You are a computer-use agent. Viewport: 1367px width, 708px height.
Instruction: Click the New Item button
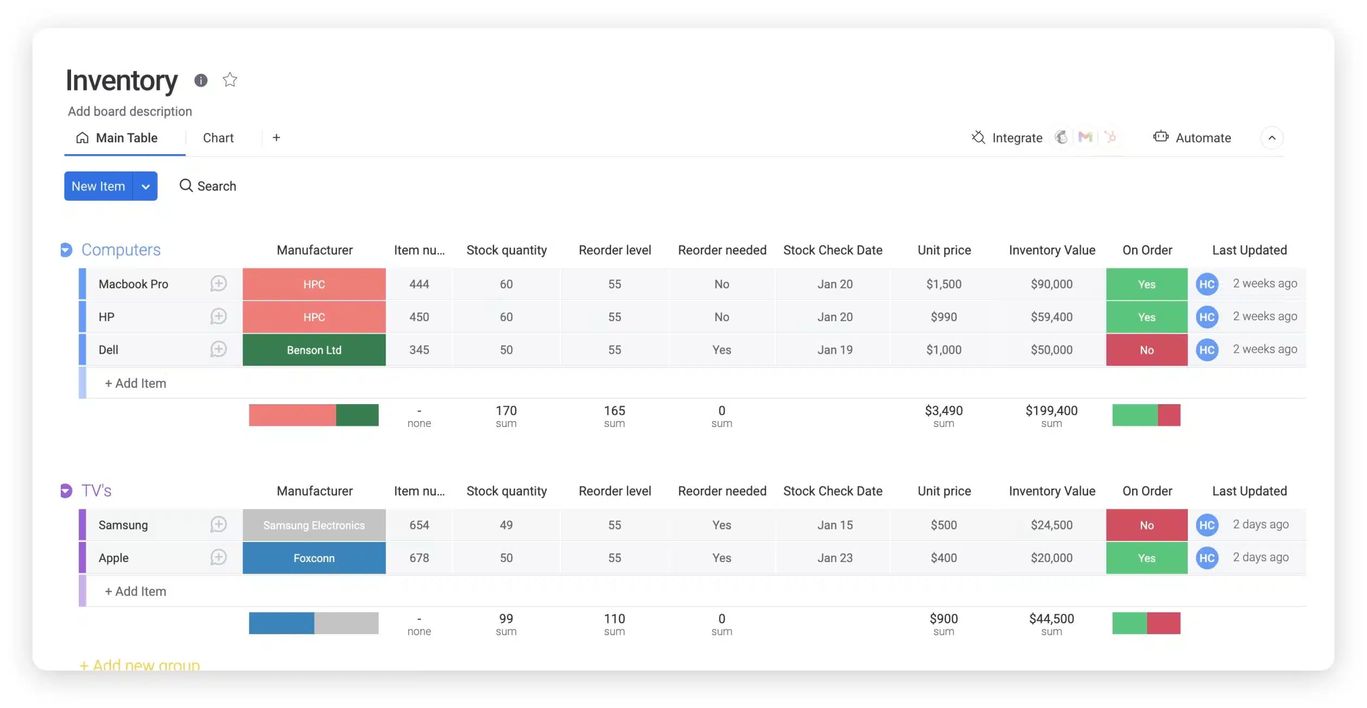coord(98,186)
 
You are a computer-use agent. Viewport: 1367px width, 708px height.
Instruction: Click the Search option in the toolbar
coord(208,186)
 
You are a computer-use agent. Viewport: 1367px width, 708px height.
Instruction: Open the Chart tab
coord(218,138)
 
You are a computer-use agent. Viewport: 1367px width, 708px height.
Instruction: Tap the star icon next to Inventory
coord(230,80)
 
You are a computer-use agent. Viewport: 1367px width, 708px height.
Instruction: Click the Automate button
coord(1192,138)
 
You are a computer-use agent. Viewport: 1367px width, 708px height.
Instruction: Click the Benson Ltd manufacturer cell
coord(314,350)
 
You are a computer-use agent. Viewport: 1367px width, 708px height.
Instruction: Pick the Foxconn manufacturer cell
coord(314,558)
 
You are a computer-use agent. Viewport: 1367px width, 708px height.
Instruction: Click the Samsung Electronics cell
coord(314,525)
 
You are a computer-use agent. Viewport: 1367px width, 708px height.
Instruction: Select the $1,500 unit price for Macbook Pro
coord(943,284)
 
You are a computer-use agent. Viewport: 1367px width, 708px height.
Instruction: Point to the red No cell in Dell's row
coord(1146,350)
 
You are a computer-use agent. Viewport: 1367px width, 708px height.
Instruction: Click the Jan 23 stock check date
coord(834,558)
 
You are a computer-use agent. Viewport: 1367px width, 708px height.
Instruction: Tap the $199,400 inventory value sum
coord(1051,411)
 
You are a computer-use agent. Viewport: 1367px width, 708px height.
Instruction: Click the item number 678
coord(419,558)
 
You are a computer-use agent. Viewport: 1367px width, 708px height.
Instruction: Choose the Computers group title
coord(121,250)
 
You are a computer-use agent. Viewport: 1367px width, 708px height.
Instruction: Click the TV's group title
coord(97,490)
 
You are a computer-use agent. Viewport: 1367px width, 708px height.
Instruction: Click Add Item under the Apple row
coord(136,591)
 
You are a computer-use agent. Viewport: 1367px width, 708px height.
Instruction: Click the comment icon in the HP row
coord(218,316)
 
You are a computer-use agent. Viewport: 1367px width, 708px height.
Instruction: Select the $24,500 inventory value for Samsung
coord(1051,525)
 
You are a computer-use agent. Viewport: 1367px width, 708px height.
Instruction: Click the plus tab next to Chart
coord(276,138)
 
